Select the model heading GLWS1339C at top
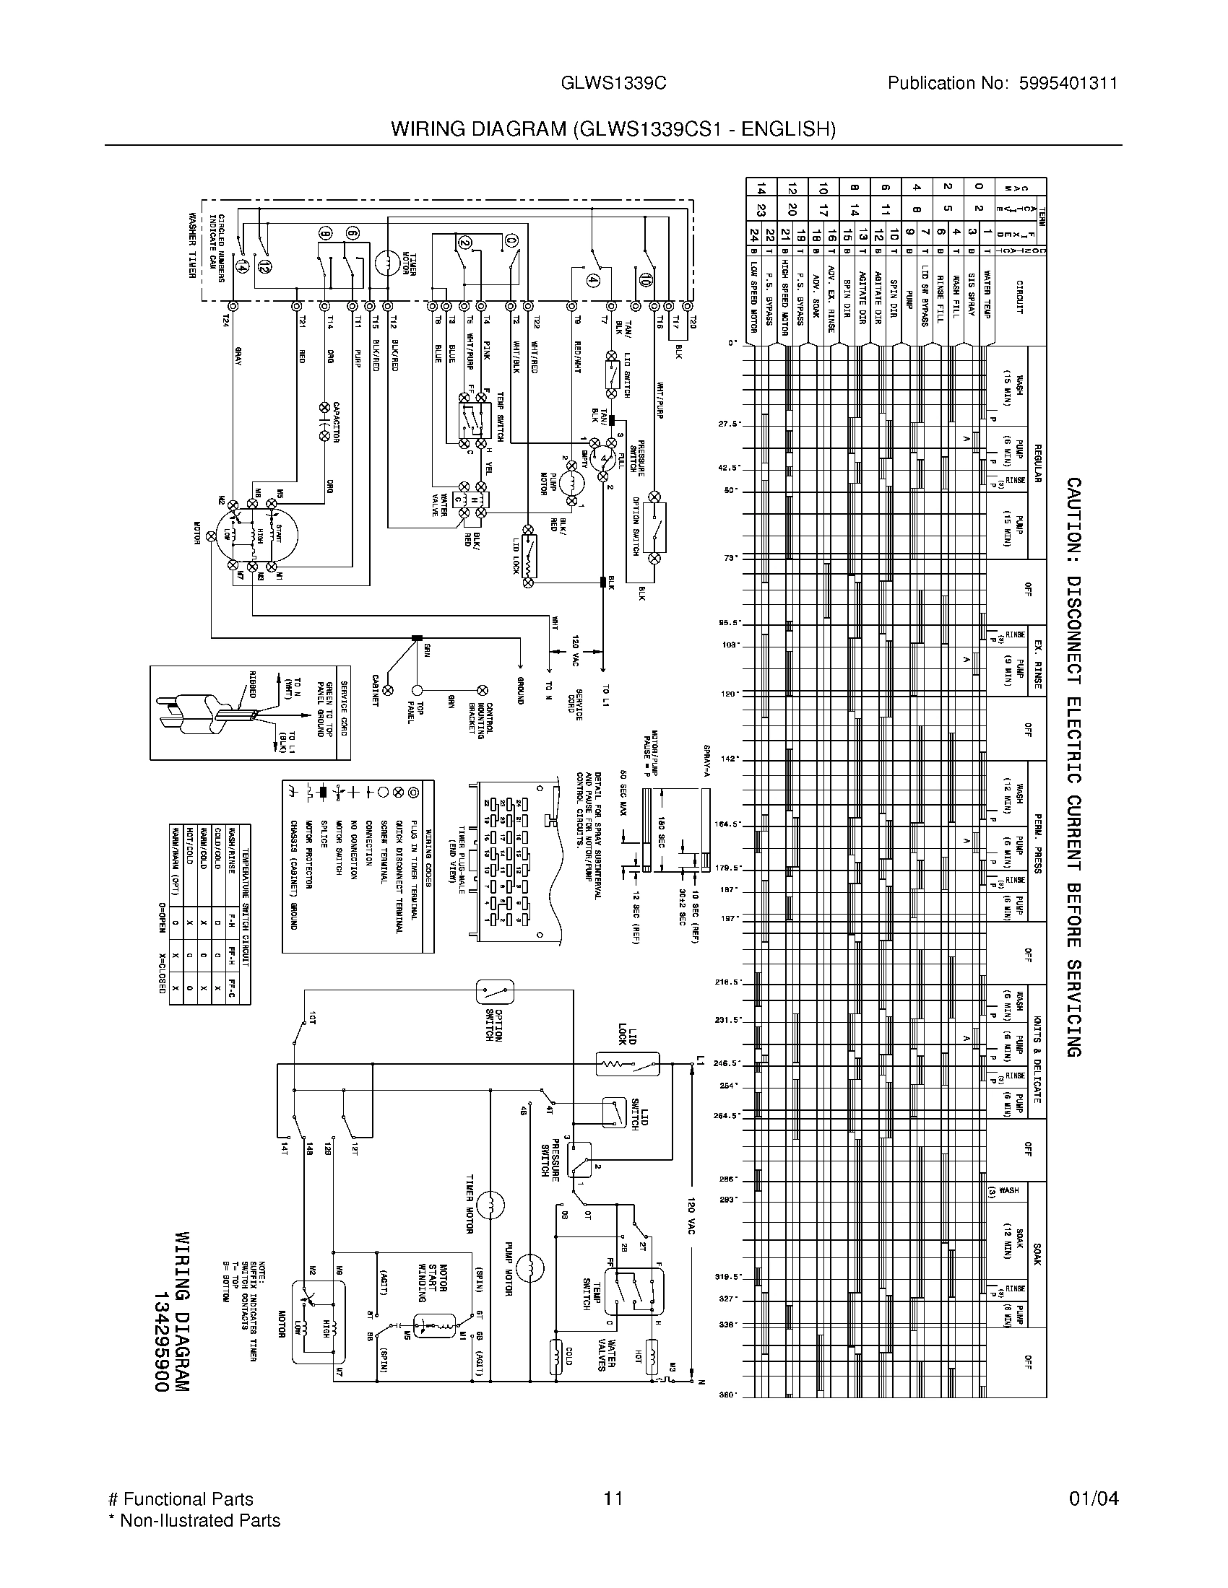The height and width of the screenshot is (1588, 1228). tap(613, 84)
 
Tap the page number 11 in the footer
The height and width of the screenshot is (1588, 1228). tap(613, 1498)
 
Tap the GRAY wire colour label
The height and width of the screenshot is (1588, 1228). tap(237, 357)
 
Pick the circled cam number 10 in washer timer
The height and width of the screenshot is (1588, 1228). tap(645, 278)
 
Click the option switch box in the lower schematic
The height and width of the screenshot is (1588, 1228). tap(495, 991)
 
